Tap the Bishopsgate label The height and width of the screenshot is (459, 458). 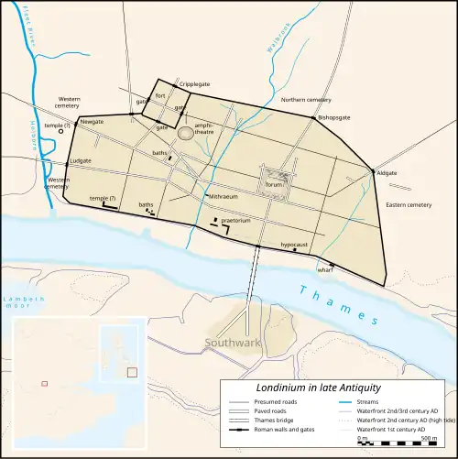334,118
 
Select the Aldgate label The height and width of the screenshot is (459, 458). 387,173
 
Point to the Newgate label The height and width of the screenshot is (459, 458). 92,121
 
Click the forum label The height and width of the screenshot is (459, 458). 272,183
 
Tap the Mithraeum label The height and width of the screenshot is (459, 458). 224,196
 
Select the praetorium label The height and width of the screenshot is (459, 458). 236,220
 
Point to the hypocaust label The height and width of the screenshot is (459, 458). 294,245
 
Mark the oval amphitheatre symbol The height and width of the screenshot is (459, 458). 186,134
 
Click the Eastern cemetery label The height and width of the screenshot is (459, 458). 408,204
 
